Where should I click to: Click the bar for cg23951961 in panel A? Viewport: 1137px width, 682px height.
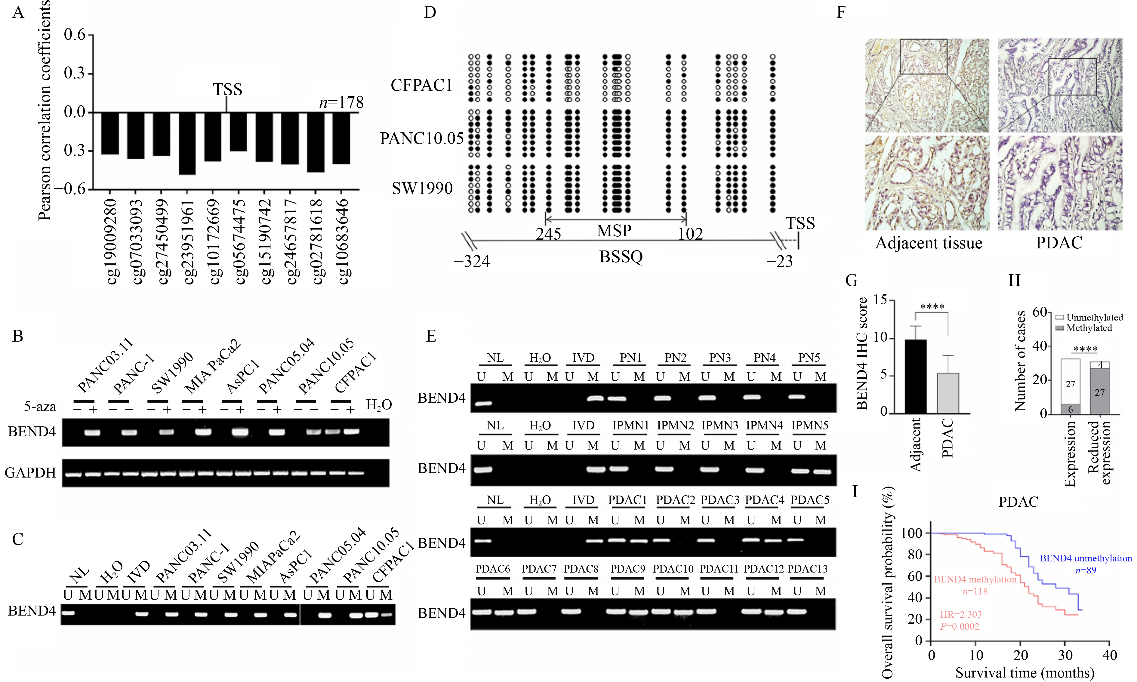tap(187, 143)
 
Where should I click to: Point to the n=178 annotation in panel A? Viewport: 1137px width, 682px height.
tap(341, 102)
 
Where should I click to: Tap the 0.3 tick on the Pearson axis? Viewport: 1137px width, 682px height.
tap(75, 73)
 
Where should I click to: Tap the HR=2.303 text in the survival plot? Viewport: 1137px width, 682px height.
tap(960, 614)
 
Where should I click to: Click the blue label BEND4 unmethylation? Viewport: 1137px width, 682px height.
tap(1086, 558)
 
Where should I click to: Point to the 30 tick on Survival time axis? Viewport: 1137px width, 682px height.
tap(1065, 655)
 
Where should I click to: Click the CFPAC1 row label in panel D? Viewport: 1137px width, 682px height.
tap(421, 85)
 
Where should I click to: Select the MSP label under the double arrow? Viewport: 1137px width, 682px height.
tap(614, 231)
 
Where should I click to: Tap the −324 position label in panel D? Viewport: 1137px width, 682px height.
tap(472, 262)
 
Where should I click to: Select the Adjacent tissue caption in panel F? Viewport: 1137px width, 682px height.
tap(928, 243)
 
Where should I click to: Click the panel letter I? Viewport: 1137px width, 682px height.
tap(855, 492)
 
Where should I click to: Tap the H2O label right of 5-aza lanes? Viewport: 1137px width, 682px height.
tap(379, 405)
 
